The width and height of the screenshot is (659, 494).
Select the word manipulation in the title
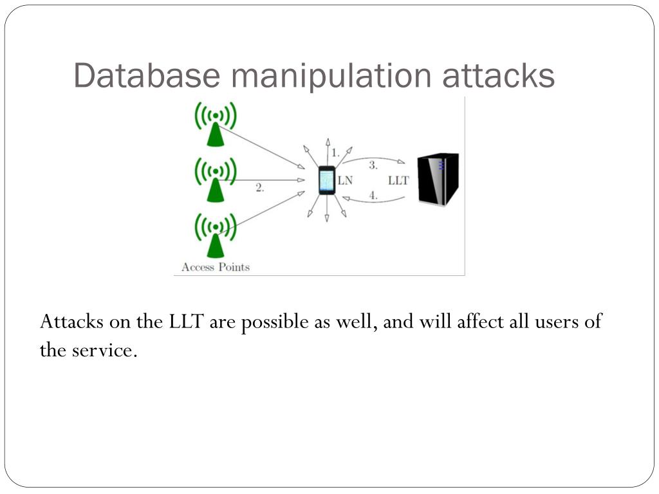pyautogui.click(x=331, y=76)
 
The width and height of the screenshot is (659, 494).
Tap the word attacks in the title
pyautogui.click(x=498, y=76)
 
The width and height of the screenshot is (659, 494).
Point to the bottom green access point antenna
pyautogui.click(x=216, y=235)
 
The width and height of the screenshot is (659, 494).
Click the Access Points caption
pyautogui.click(x=216, y=267)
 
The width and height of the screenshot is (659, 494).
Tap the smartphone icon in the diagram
pyautogui.click(x=327, y=180)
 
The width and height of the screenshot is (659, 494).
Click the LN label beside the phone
pyautogui.click(x=345, y=181)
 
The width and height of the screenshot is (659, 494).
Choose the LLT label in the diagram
pyautogui.click(x=398, y=181)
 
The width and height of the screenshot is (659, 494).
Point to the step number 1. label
pyautogui.click(x=335, y=153)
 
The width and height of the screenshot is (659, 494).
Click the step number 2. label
pyautogui.click(x=259, y=188)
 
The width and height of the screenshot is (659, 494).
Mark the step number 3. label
pyautogui.click(x=373, y=165)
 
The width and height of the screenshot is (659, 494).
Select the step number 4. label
pyautogui.click(x=373, y=196)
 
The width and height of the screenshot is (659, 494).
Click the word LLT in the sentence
pyautogui.click(x=187, y=322)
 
